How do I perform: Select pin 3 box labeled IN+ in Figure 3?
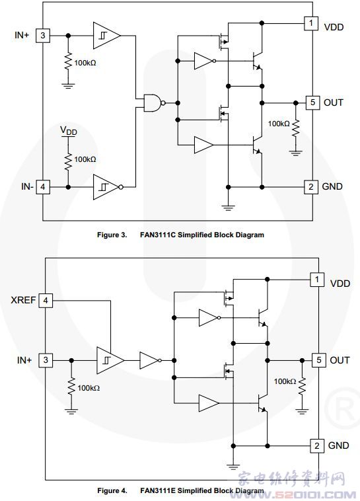[x=43, y=35]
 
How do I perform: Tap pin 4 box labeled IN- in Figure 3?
[x=43, y=187]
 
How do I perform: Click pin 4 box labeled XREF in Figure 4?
[x=46, y=300]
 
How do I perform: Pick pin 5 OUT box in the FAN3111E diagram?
[x=318, y=360]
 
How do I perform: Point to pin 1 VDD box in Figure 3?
[x=311, y=23]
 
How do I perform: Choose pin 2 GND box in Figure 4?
[x=317, y=445]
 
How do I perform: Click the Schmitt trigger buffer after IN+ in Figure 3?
[x=107, y=36]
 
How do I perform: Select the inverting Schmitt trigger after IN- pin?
[x=108, y=187]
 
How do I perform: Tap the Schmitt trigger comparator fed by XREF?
[x=110, y=360]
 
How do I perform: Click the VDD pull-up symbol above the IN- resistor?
[x=68, y=132]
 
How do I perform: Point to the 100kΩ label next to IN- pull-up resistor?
[x=85, y=159]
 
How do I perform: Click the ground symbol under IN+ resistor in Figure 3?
[x=68, y=85]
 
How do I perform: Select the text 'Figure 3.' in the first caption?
[x=112, y=235]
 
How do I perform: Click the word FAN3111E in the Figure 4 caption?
[x=158, y=490]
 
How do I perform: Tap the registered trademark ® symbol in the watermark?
[x=341, y=409]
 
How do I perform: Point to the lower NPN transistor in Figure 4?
[x=262, y=403]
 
